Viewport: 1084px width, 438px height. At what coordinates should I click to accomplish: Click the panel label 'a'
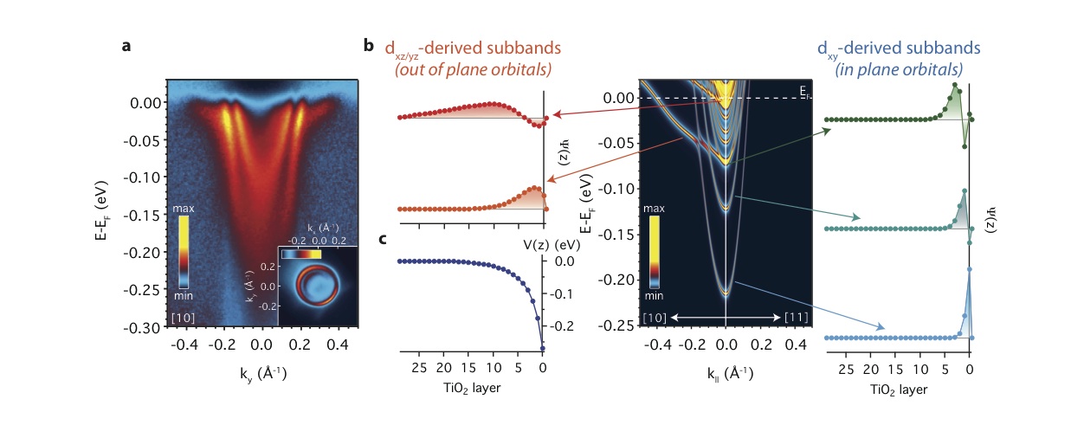click(126, 47)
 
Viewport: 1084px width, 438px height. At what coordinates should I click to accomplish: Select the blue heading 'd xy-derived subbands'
click(891, 48)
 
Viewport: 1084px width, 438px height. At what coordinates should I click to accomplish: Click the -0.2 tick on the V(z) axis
click(564, 327)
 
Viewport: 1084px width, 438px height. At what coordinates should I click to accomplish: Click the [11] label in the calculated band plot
click(795, 318)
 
